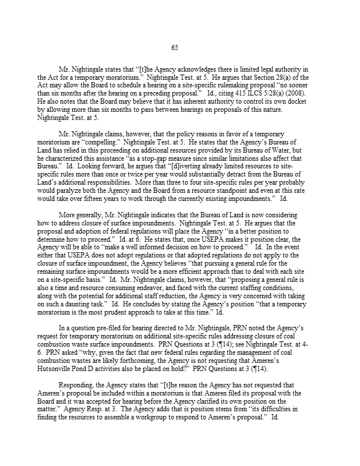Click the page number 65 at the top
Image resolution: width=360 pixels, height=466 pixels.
tap(175, 48)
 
